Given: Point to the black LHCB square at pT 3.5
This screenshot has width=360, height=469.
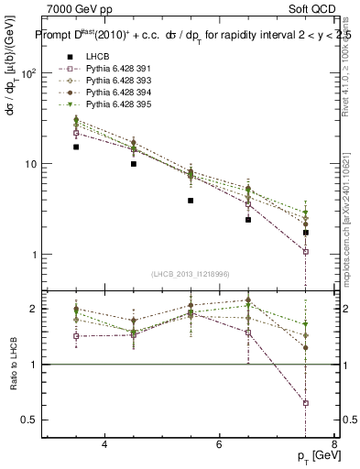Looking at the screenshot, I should tap(76, 147).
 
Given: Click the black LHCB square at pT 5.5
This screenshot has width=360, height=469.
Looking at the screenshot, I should tap(191, 201).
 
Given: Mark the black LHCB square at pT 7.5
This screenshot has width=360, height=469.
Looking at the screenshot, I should tap(306, 233).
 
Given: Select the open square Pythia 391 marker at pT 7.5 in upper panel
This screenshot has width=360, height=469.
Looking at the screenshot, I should tap(306, 252).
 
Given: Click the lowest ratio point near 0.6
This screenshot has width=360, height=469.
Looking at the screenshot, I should tap(306, 403).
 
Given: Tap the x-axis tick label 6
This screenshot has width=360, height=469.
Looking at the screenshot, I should tap(219, 444).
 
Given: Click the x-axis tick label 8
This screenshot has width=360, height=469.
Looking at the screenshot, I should tap(334, 444).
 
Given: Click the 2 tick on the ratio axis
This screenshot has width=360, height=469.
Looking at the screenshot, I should tap(33, 309).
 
